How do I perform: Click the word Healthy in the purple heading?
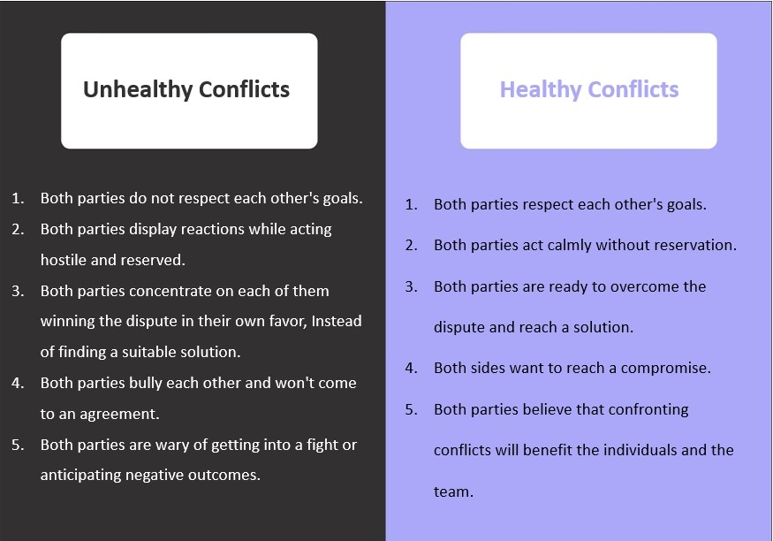tap(539, 89)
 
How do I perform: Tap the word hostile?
tap(65, 260)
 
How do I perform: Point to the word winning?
tap(67, 321)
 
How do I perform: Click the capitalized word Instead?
tap(335, 321)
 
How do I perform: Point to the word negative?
tap(167, 475)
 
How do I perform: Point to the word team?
tap(453, 491)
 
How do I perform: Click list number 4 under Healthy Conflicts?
tap(412, 368)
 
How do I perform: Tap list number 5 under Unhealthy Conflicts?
tap(18, 445)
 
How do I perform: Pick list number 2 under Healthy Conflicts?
tap(412, 245)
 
